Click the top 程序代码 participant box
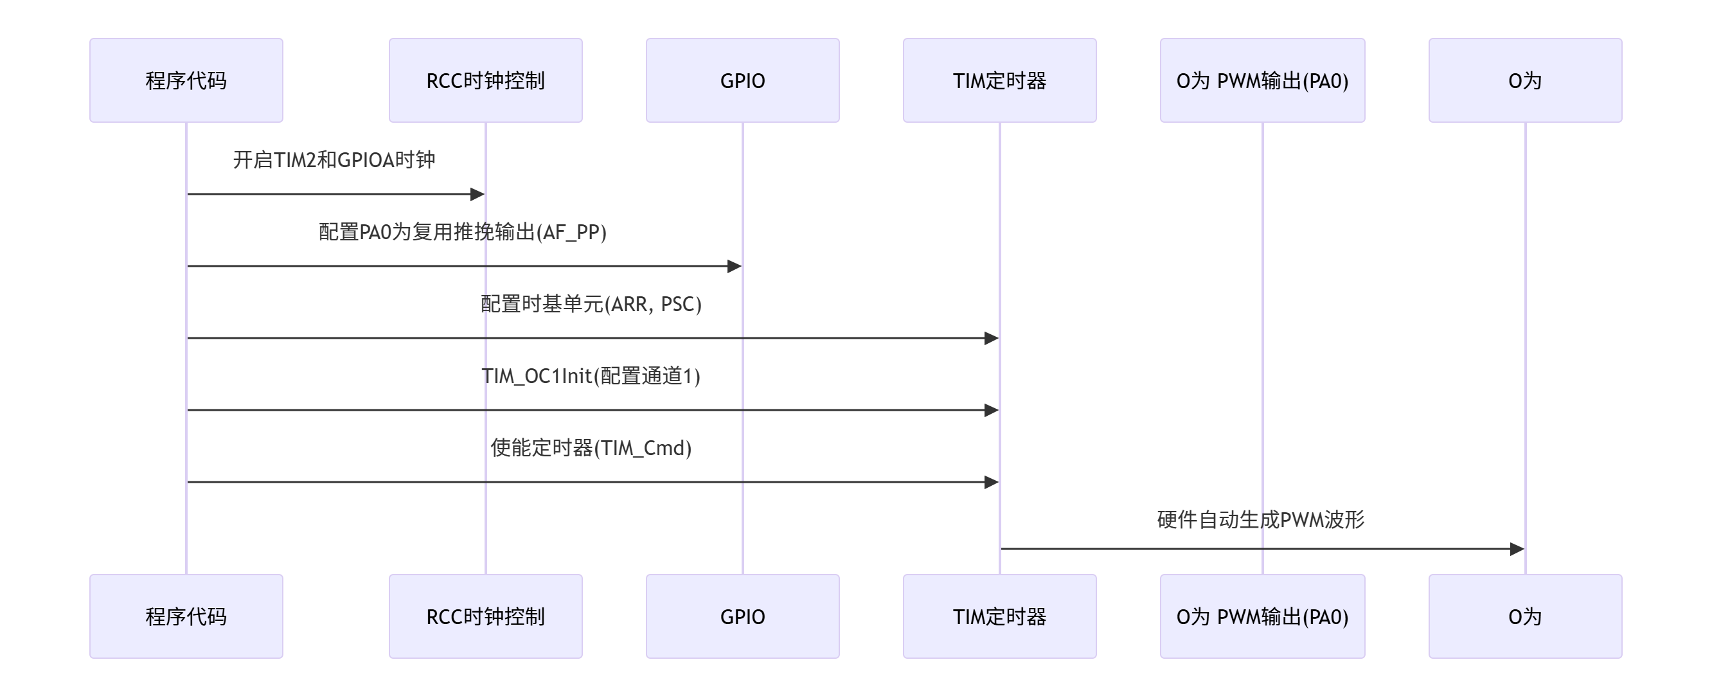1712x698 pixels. (x=186, y=80)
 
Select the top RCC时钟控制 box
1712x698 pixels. (x=485, y=80)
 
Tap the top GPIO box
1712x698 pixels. (x=742, y=80)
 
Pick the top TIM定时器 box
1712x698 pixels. (x=999, y=80)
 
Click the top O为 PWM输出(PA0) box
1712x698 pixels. (x=1262, y=80)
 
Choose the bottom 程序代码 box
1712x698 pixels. (x=186, y=616)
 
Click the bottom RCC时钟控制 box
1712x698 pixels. (x=485, y=616)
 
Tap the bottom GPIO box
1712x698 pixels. (x=742, y=616)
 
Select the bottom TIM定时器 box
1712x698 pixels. (x=999, y=616)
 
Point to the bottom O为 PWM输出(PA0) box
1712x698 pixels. (x=1262, y=616)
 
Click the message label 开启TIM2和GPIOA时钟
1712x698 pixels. (x=334, y=159)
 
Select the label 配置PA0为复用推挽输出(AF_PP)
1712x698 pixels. (x=463, y=232)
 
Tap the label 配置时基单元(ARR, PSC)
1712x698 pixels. (x=591, y=304)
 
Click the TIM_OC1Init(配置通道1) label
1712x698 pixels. (x=591, y=375)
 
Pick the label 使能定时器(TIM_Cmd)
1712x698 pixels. (x=591, y=447)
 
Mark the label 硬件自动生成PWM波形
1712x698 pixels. (x=1261, y=519)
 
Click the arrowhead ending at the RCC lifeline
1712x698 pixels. (x=477, y=194)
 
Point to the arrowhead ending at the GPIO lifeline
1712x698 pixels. (x=735, y=266)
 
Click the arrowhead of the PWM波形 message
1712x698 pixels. (x=1517, y=549)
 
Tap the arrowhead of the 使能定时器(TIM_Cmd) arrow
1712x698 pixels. (x=992, y=482)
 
